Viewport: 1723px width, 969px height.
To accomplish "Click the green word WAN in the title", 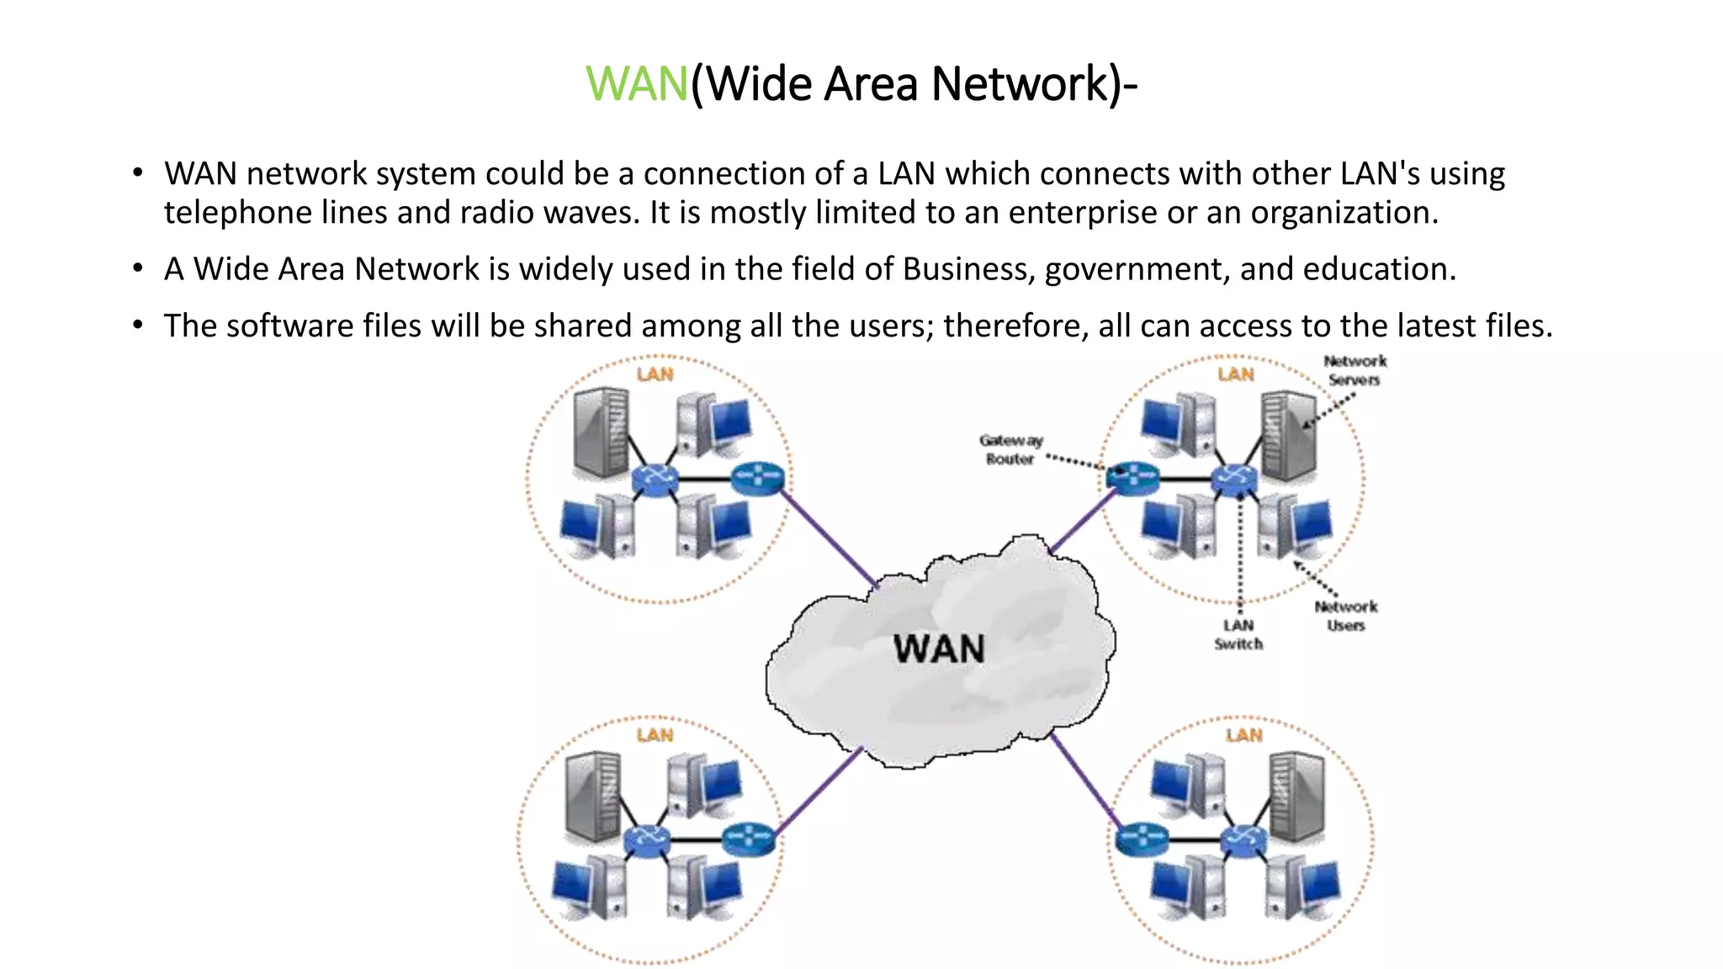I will (637, 84).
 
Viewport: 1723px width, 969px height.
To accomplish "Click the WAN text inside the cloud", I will (939, 649).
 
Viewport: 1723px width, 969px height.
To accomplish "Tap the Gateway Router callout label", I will (1010, 450).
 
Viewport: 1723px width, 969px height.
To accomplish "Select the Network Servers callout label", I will (1355, 370).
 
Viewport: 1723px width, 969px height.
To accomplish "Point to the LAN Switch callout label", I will (1238, 634).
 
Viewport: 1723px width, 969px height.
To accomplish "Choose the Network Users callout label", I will (1346, 616).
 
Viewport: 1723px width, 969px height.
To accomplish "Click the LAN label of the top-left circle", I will (655, 374).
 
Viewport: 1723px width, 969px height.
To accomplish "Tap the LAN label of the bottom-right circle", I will (1243, 735).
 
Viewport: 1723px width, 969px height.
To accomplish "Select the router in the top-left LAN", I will (758, 479).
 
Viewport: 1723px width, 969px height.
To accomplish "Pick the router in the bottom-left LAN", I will (748, 839).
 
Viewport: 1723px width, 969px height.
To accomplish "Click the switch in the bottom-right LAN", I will (1243, 839).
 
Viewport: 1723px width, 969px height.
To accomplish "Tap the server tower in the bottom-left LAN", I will (594, 796).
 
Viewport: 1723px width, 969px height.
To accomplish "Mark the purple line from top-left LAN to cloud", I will (829, 538).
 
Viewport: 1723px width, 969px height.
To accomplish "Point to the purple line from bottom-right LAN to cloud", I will (1085, 778).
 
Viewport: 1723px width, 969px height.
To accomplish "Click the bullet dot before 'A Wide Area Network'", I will (138, 268).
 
